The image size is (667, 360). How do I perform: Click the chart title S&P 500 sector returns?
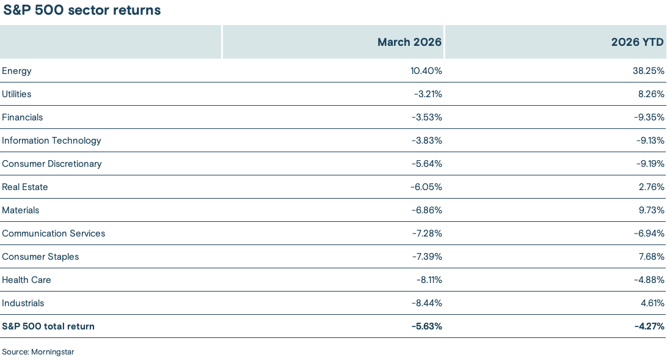(x=82, y=10)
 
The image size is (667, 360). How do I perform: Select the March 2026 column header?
(x=409, y=42)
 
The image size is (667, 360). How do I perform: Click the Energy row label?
(x=17, y=71)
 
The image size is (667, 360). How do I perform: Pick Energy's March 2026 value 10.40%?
(x=426, y=71)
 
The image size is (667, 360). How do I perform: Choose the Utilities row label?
(x=17, y=94)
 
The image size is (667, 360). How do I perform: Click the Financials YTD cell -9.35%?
(x=649, y=117)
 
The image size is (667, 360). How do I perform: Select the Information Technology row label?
(x=52, y=141)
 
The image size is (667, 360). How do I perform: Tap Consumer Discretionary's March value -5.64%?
(x=426, y=164)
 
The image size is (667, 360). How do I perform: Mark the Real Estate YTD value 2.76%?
(x=651, y=187)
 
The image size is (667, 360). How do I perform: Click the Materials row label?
(x=21, y=210)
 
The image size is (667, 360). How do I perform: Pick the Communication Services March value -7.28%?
(x=426, y=233)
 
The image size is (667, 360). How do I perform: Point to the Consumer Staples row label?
(x=40, y=257)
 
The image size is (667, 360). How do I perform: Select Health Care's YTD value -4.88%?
(x=649, y=280)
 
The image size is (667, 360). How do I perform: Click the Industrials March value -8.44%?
(x=426, y=303)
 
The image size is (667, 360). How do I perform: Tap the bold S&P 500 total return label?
(x=48, y=326)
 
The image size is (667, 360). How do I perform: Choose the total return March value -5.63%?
(x=426, y=326)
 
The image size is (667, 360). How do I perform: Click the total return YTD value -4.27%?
(x=649, y=326)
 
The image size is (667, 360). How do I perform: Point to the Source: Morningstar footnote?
(x=38, y=352)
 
